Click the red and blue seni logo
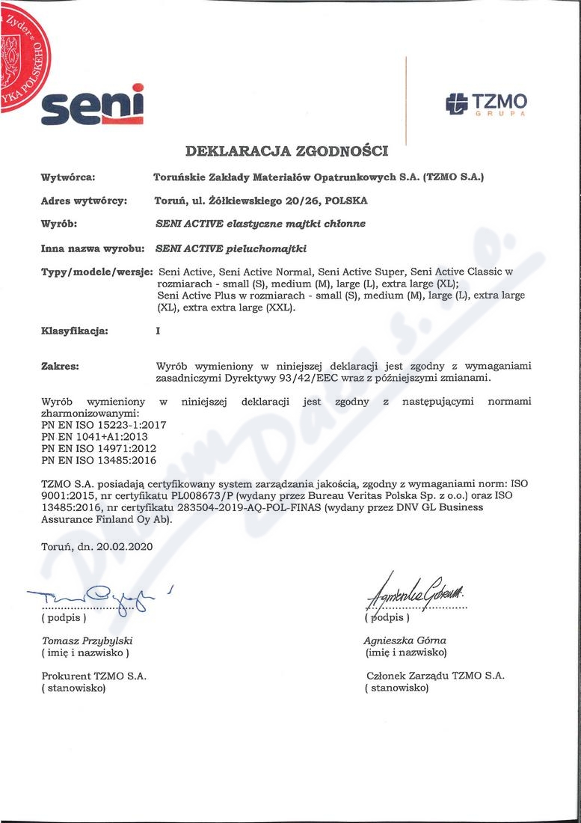(x=93, y=105)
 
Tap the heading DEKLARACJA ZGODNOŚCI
(x=286, y=151)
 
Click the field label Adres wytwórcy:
(x=84, y=201)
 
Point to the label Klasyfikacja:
(x=74, y=330)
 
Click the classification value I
(x=158, y=330)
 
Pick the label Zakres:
(x=60, y=366)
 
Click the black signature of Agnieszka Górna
(x=415, y=596)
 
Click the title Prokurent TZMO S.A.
(x=93, y=676)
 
